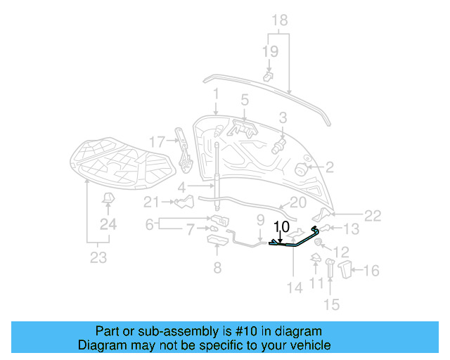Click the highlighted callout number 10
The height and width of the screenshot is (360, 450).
tap(281, 227)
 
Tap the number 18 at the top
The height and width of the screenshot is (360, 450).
tap(279, 20)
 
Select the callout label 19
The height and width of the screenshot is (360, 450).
tap(271, 51)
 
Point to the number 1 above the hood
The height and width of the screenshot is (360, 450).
tap(217, 94)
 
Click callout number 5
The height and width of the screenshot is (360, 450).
tap(245, 100)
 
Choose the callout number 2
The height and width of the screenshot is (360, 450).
tap(329, 167)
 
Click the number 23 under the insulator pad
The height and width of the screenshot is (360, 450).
tap(98, 257)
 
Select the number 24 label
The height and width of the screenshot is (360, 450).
tap(108, 224)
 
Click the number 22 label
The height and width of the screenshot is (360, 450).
tap(373, 216)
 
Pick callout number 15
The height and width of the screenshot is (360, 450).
tap(331, 304)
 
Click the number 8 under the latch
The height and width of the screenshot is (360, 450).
tap(217, 267)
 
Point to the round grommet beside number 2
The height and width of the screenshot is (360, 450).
tap(300, 169)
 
